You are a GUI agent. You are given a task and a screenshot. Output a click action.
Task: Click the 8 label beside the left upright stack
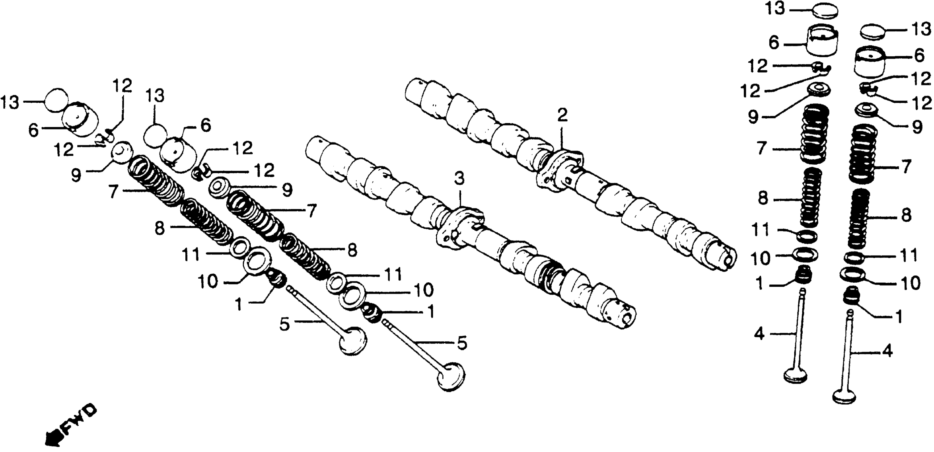pyautogui.click(x=764, y=199)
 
